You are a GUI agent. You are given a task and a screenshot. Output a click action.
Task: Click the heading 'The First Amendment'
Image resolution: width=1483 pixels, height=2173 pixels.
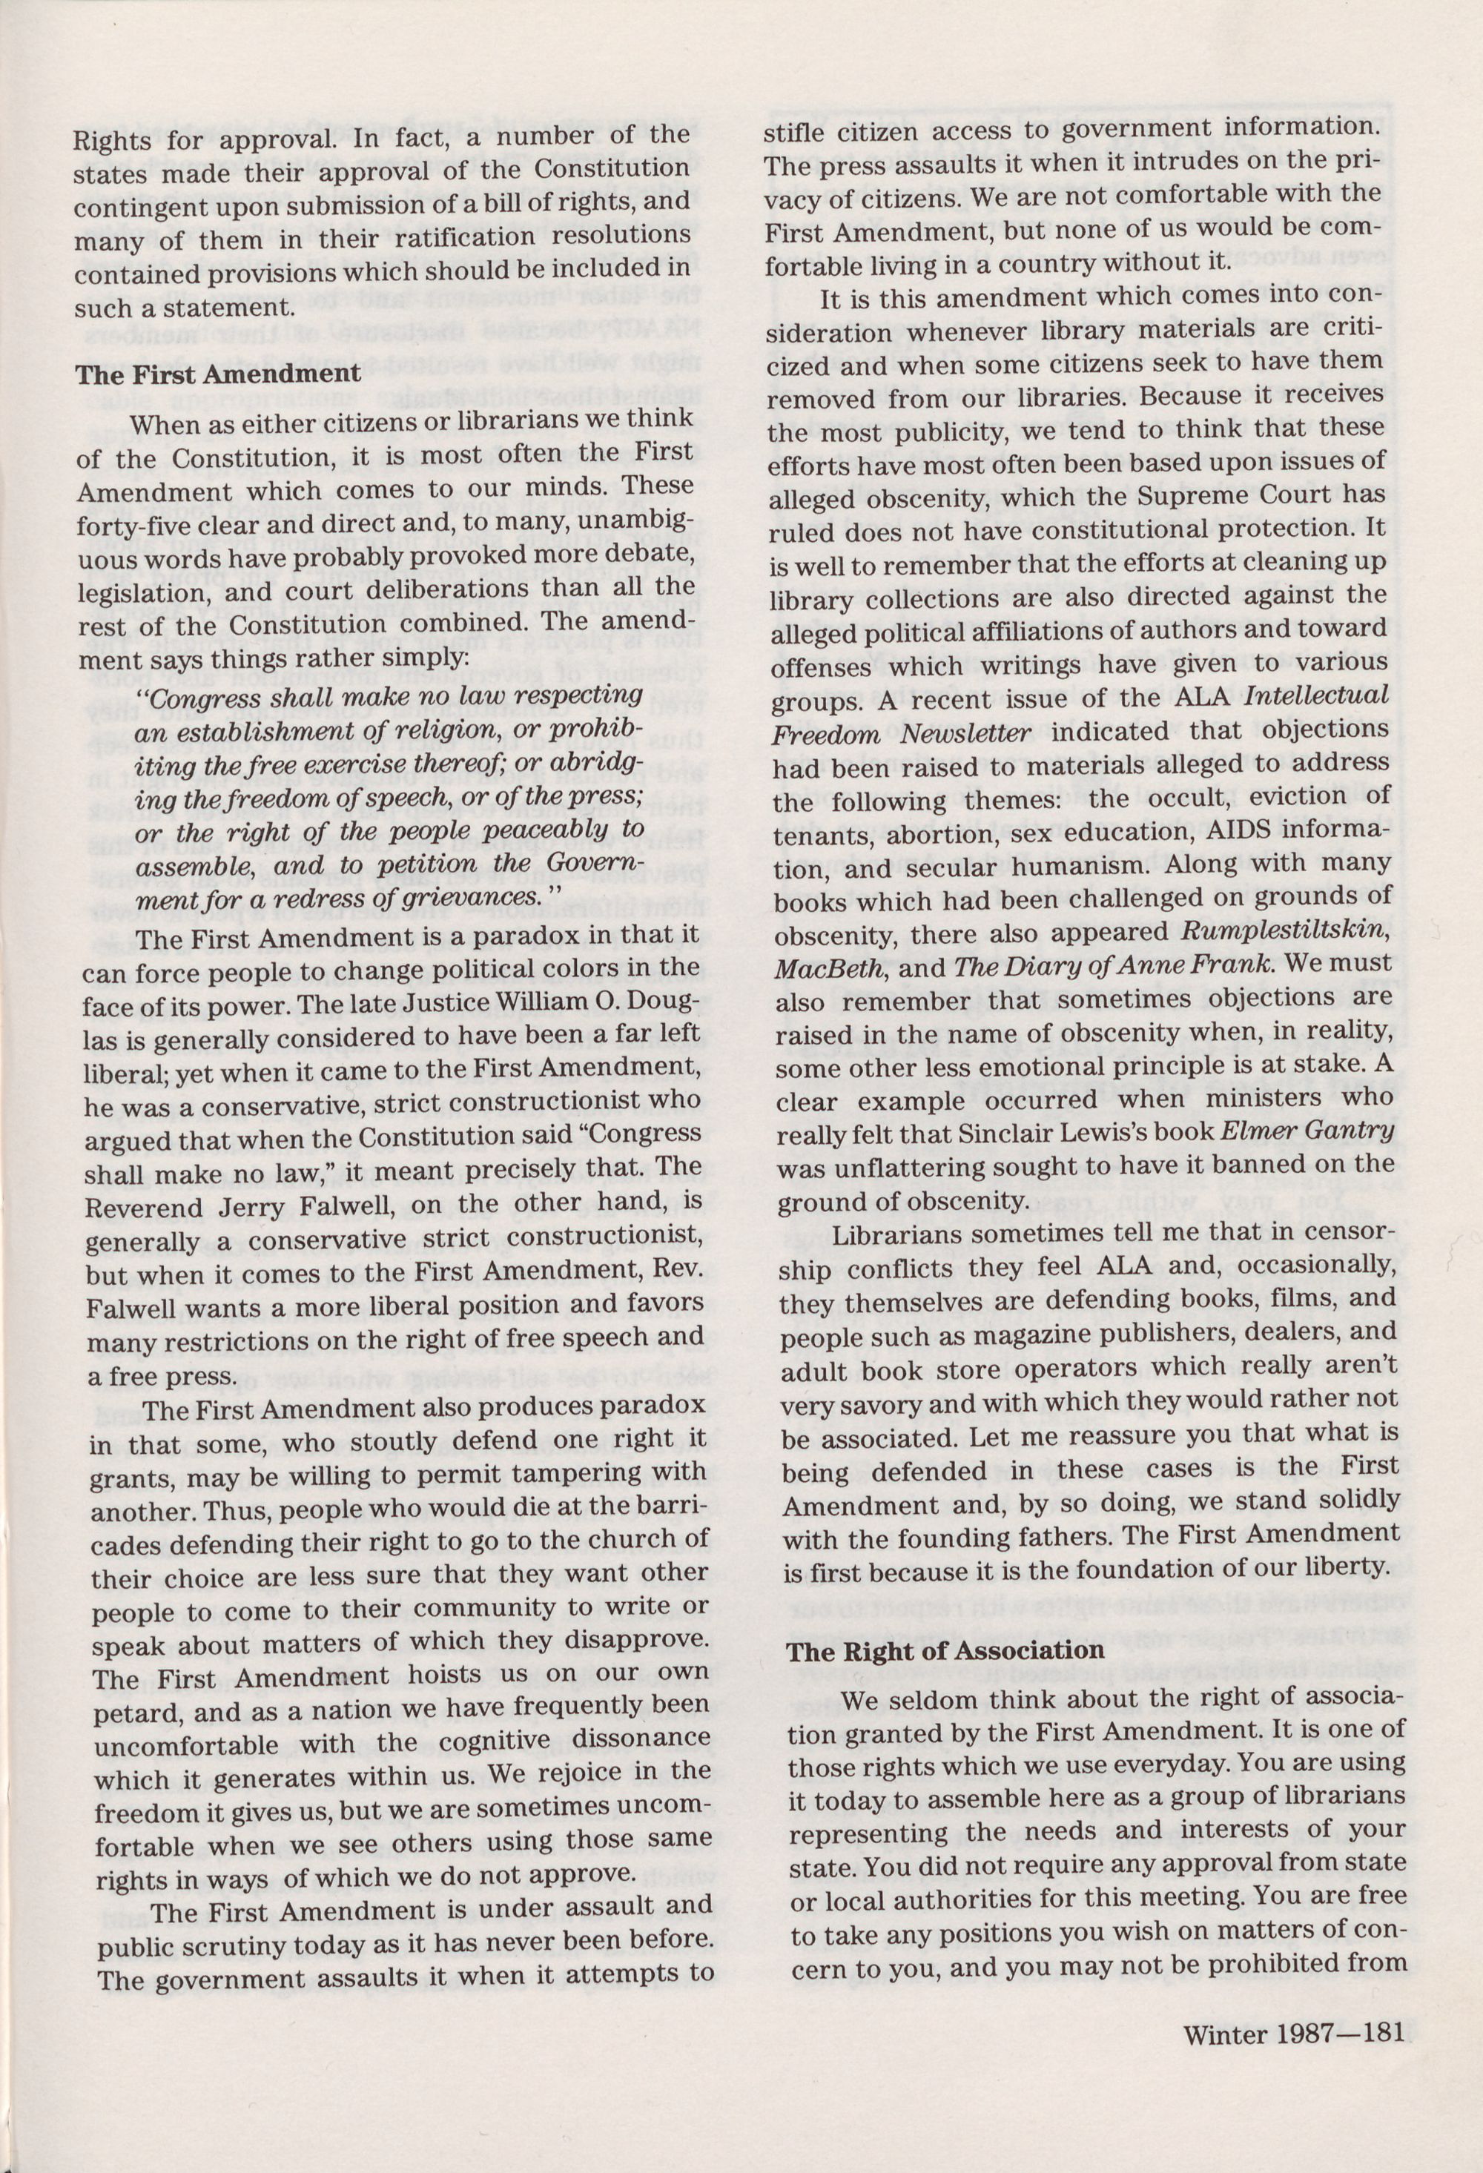[x=218, y=374]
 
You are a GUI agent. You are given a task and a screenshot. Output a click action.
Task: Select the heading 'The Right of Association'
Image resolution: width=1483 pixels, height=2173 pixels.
[x=945, y=1650]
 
